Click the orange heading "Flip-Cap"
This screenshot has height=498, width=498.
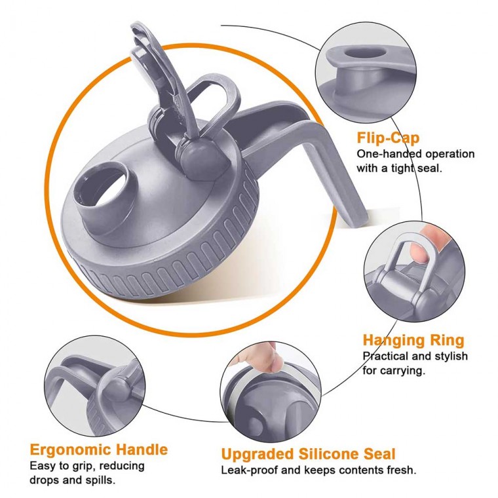pyautogui.click(x=388, y=138)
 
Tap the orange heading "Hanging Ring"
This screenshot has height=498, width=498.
pyautogui.click(x=413, y=341)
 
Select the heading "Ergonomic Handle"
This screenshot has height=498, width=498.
pyautogui.click(x=99, y=450)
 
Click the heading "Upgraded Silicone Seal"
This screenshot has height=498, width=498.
pyautogui.click(x=309, y=454)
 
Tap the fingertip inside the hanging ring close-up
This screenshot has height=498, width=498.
pyautogui.click(x=420, y=251)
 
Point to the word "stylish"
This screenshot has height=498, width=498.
pyautogui.click(x=450, y=356)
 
